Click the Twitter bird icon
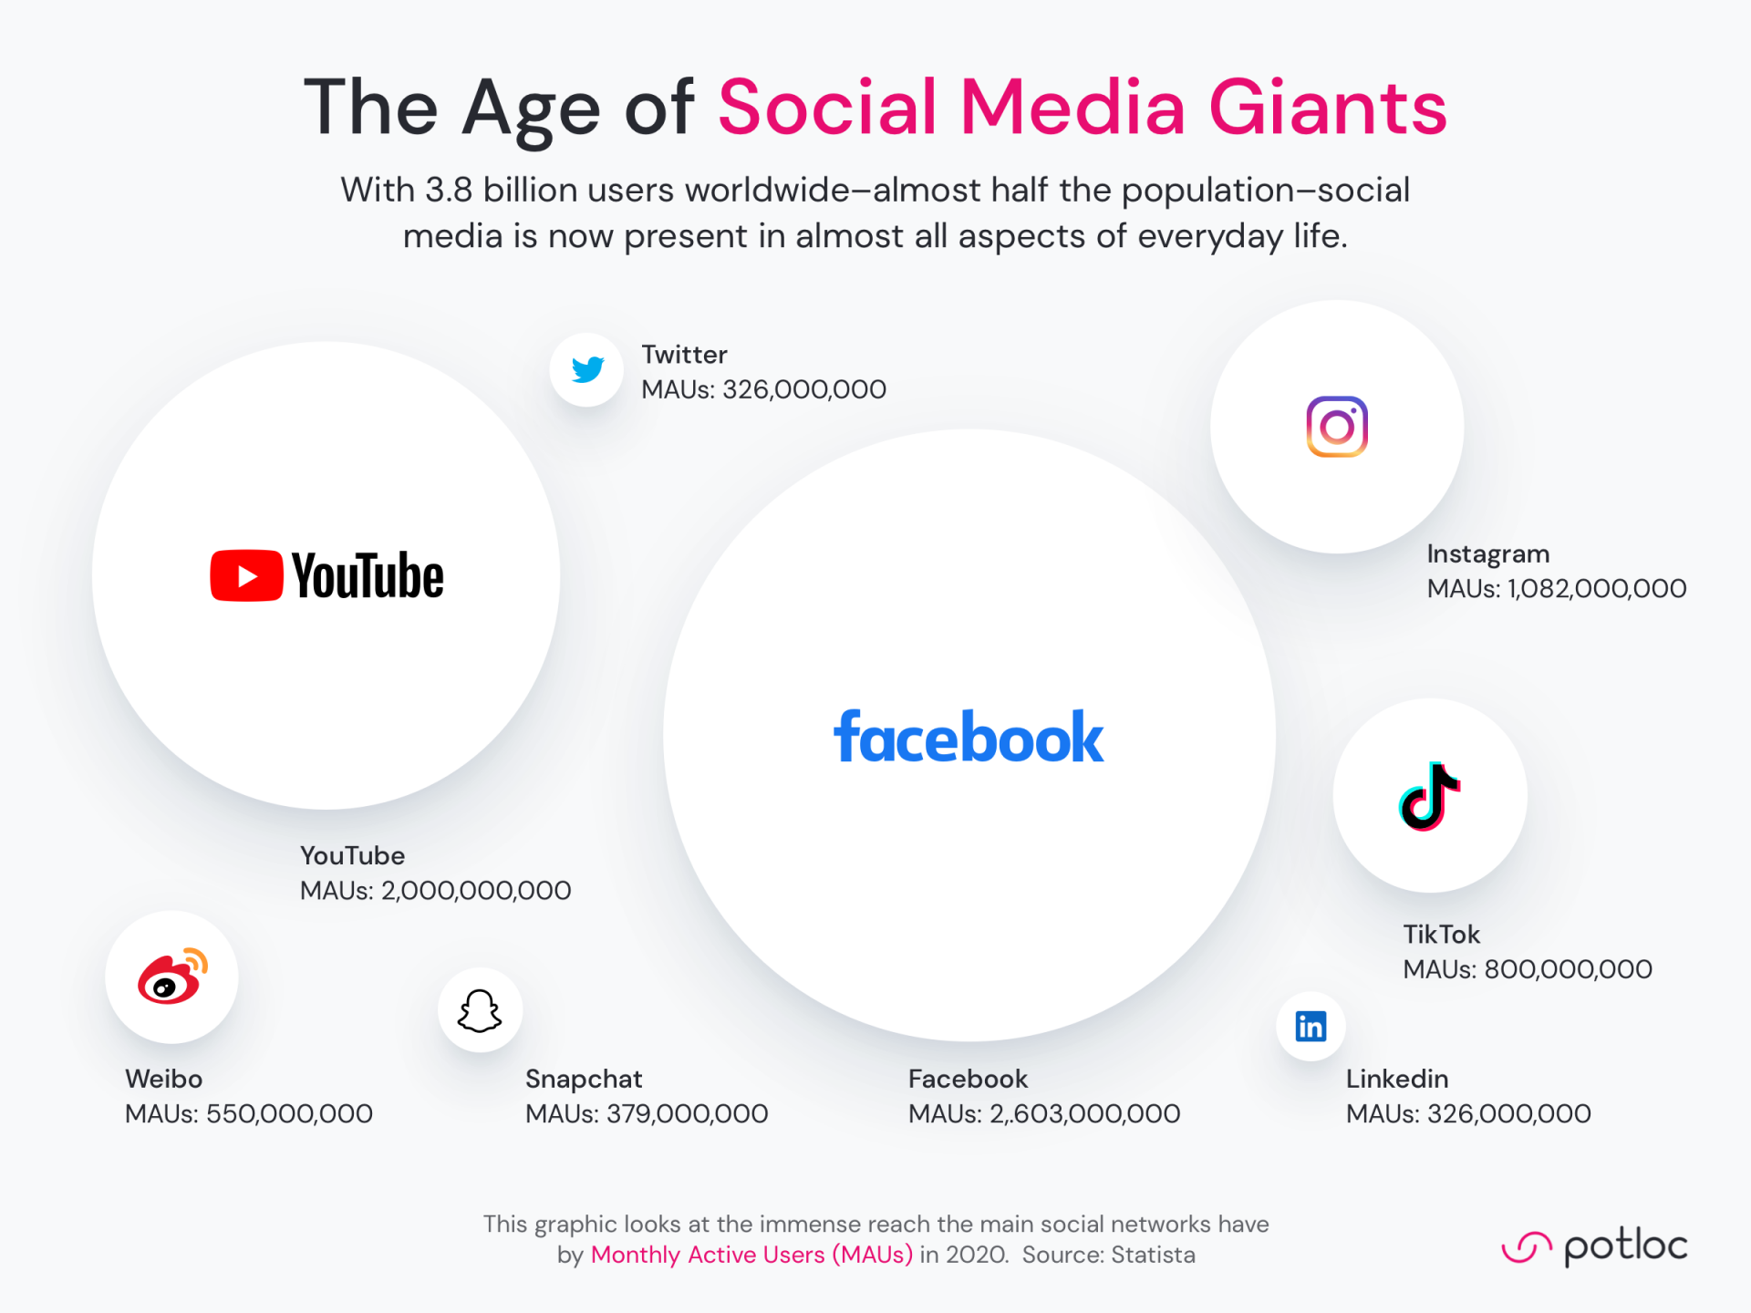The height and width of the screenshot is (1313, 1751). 588,369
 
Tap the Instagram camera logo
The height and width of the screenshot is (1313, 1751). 1337,427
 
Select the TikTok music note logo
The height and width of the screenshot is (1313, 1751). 1430,796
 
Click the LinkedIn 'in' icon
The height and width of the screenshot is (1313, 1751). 1311,1027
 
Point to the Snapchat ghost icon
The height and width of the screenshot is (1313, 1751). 480,1010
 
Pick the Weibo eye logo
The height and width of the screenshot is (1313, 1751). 172,977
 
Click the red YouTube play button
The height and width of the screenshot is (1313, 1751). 246,575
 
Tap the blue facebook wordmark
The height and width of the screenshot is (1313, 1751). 969,736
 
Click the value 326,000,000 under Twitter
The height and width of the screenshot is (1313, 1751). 804,389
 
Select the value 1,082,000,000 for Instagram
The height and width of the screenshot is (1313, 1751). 1597,588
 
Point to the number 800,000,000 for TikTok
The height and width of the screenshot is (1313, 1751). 1569,968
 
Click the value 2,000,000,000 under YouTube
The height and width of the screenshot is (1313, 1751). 476,890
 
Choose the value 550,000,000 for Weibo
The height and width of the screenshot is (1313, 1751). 289,1113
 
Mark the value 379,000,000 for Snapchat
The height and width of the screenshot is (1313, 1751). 688,1113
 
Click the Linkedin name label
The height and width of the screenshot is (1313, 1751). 1397,1079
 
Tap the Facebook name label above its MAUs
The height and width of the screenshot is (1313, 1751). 968,1079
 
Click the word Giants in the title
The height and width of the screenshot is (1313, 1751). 1328,108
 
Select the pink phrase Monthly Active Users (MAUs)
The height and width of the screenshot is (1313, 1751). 751,1255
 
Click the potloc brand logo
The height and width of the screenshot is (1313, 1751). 1594,1246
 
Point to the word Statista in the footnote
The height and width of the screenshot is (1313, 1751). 1153,1255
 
